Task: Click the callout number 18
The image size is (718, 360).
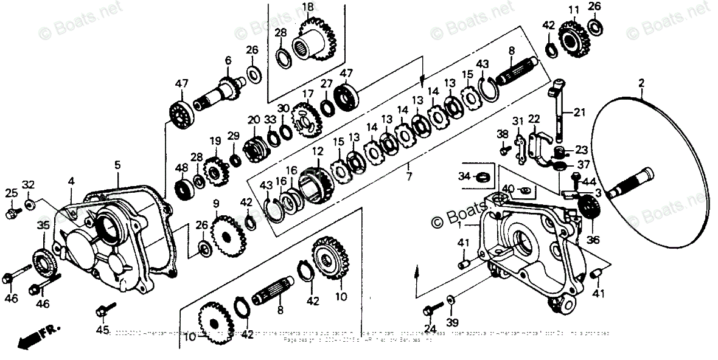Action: click(307, 7)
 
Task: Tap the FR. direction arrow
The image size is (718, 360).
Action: click(37, 337)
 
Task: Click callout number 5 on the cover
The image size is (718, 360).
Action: click(117, 164)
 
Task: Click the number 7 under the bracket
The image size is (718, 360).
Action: click(409, 176)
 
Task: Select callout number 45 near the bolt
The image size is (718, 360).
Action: click(103, 330)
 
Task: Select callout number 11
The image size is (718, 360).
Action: click(573, 10)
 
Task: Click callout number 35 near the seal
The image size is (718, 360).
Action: click(43, 226)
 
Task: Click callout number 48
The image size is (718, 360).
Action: click(181, 167)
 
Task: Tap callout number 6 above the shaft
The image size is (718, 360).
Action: click(228, 60)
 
